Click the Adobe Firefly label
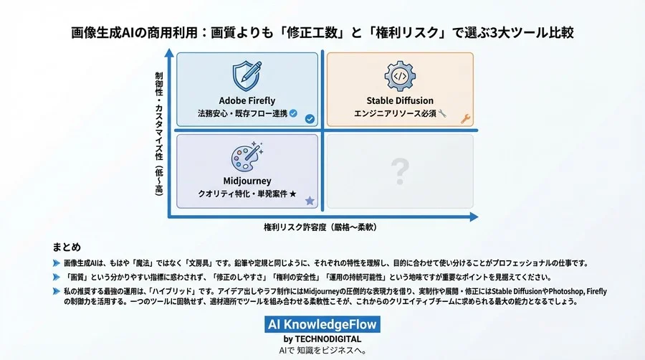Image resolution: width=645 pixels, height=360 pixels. click(247, 100)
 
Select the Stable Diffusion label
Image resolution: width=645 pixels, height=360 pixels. click(400, 100)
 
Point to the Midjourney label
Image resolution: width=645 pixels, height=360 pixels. click(247, 181)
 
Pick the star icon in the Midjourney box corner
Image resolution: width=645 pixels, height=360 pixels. click(310, 202)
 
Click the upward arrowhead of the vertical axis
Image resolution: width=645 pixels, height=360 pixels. click(168, 53)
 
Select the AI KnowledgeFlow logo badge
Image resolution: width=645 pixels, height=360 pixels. click(322, 325)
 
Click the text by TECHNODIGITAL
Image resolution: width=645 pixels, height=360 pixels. click(322, 338)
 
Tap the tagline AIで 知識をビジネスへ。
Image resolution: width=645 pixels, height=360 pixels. click(322, 351)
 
